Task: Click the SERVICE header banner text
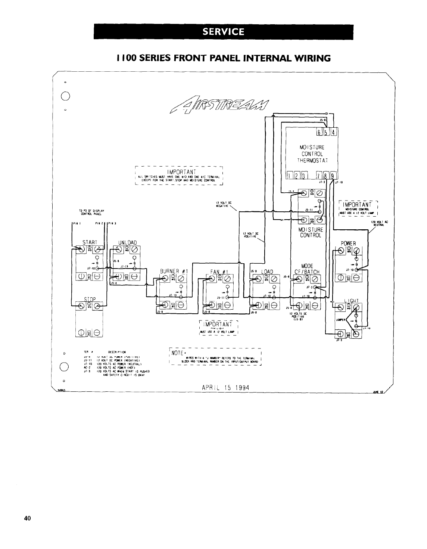[224, 32]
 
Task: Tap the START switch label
[90, 242]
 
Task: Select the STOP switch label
[90, 299]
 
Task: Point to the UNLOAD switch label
[128, 242]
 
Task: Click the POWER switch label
[349, 244]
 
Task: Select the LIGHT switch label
[351, 301]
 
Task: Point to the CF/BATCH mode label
[307, 272]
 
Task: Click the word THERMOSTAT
[312, 161]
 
